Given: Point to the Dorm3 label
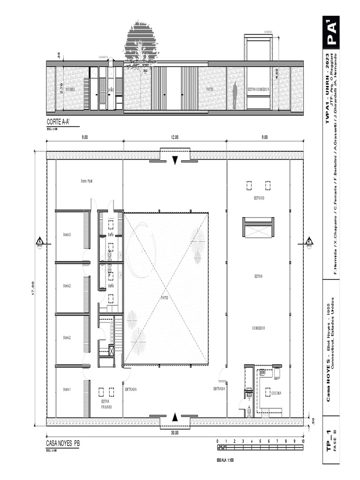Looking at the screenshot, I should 67,235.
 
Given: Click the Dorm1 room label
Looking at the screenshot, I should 67,390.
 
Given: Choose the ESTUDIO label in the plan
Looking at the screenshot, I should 259,198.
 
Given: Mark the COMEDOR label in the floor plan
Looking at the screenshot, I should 258,328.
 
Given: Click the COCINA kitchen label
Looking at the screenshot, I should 276,393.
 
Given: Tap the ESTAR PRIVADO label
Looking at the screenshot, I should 106,404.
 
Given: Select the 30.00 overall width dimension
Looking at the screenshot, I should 174,433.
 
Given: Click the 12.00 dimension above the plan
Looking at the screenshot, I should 174,137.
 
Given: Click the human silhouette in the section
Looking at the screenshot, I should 235,96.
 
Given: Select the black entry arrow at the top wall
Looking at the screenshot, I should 175,160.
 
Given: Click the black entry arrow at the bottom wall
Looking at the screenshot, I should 175,417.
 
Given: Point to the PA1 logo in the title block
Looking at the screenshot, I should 331,32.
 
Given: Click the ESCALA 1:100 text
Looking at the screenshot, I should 225,460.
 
